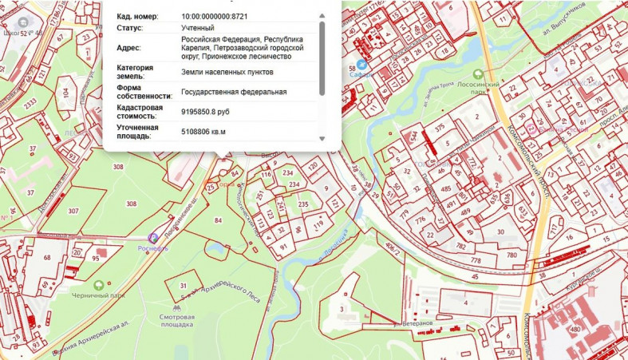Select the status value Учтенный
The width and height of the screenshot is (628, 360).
198,28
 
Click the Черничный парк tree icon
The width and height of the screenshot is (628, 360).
99,285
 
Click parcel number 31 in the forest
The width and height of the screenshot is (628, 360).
183,286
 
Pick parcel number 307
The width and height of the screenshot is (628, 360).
73,211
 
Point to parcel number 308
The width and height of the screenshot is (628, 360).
118,167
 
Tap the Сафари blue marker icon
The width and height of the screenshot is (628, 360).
361,64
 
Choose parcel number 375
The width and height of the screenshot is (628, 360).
439,127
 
